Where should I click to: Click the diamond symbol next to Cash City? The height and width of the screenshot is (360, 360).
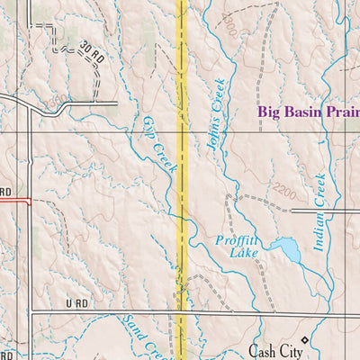[304, 340]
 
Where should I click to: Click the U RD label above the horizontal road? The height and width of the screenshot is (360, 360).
[78, 305]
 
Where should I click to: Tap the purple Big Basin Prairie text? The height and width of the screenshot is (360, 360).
[308, 112]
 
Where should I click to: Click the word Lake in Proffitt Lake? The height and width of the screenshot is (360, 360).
[243, 255]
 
